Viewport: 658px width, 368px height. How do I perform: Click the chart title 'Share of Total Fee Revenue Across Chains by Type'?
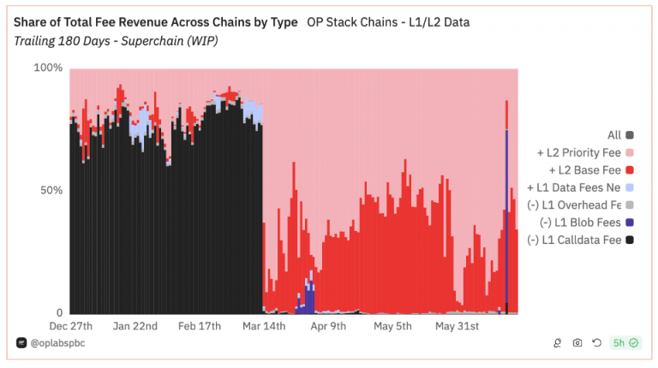156,21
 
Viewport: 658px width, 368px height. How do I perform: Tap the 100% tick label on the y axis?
48,68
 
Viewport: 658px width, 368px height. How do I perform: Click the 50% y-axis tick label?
52,190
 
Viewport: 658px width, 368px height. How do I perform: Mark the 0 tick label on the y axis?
59,312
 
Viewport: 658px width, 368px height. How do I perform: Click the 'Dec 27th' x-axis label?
71,326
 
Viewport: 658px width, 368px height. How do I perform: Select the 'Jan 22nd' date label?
136,326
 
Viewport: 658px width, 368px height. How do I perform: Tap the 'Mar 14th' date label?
264,326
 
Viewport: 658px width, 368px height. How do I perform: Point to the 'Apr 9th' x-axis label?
328,326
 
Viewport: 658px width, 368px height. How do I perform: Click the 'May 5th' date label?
392,326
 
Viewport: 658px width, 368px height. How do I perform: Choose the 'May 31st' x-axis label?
457,326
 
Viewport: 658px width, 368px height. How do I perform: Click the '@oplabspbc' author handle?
57,342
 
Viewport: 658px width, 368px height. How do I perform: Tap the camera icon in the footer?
577,343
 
